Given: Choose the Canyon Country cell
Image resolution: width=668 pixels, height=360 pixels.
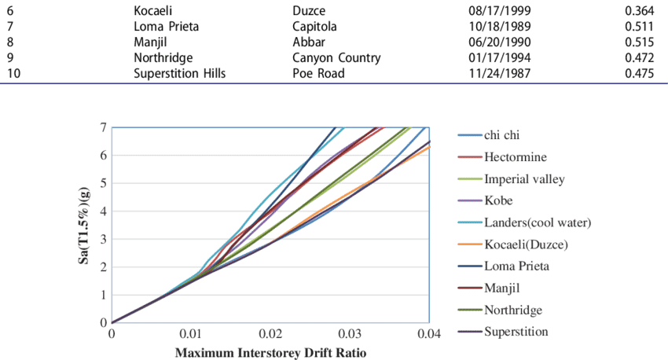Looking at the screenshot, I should point(336,57).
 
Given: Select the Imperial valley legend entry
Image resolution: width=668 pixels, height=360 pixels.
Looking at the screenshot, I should point(524,178).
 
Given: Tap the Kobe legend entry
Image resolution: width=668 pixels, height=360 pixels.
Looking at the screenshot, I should point(499,200).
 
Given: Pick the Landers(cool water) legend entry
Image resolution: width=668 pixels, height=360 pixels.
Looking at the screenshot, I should point(538,222).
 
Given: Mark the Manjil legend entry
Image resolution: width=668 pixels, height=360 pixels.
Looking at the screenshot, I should point(502,287).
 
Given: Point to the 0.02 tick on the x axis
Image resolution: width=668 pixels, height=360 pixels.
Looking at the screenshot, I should point(271,333).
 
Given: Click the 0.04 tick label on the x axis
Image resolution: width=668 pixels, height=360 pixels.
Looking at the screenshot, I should point(428,333).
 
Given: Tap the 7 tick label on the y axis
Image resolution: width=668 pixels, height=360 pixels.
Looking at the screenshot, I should point(103,127).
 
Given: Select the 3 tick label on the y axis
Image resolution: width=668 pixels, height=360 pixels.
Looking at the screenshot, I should point(103,239).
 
